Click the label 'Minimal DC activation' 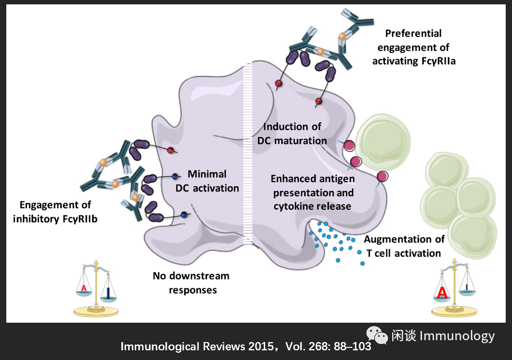pos(207,181)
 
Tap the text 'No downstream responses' pos(191,283)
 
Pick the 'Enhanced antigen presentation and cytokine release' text pos(313,192)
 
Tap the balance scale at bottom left pos(96,290)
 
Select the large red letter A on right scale pos(442,292)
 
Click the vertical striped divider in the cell pos(248,145)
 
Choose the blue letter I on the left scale pos(107,291)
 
